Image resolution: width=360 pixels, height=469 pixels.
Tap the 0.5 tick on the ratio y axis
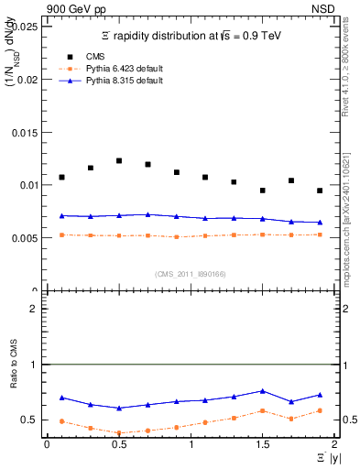[30, 420]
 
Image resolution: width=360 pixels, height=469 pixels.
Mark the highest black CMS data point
[119, 160]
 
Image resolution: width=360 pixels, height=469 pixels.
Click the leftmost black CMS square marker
[61, 177]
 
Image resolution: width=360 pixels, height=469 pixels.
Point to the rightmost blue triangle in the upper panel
[320, 223]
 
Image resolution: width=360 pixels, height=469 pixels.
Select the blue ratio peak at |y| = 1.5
[262, 391]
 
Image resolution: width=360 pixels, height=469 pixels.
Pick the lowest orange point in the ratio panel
[119, 433]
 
